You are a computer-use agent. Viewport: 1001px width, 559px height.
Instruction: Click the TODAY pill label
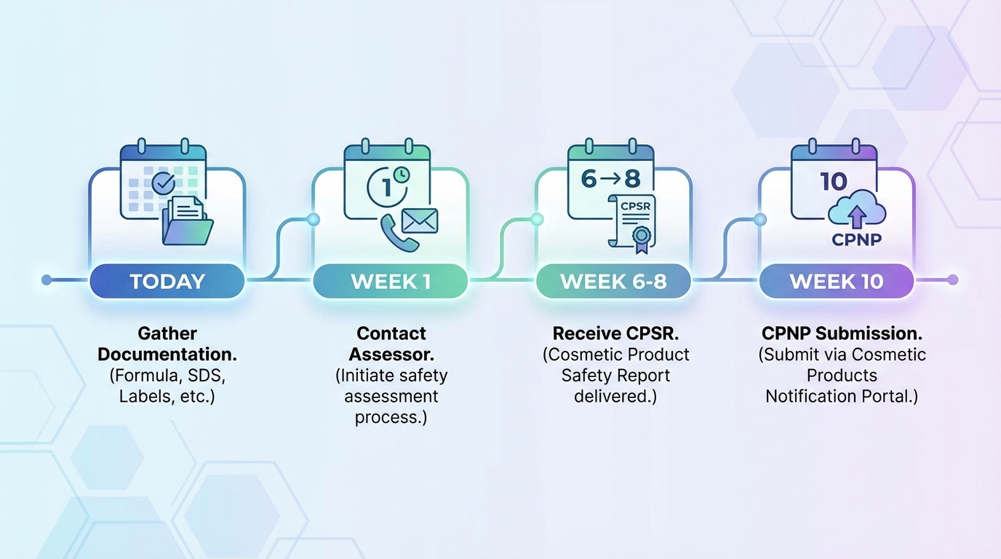click(x=167, y=281)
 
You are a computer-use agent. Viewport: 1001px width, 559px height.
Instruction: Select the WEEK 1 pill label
click(x=390, y=281)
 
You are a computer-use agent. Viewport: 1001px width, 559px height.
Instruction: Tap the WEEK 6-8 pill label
click(x=613, y=281)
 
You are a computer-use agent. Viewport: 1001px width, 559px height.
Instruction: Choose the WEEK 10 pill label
click(x=837, y=281)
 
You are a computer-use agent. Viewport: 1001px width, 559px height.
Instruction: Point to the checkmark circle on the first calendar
click(x=164, y=182)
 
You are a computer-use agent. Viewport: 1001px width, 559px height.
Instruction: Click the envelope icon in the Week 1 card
click(x=419, y=221)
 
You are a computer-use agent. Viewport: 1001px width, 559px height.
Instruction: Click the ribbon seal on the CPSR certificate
click(x=641, y=237)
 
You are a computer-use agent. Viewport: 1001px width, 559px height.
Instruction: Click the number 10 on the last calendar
click(x=834, y=181)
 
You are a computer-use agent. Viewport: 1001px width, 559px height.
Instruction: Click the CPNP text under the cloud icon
click(x=856, y=239)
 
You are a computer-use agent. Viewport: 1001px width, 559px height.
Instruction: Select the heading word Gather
click(x=167, y=333)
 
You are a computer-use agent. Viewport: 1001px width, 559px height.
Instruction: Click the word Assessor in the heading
click(x=391, y=354)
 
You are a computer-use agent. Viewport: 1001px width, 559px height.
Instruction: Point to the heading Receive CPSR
click(x=615, y=333)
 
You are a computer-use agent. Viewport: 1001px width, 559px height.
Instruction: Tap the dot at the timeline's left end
click(x=47, y=279)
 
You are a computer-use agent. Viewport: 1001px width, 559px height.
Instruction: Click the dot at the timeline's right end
click(x=953, y=279)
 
